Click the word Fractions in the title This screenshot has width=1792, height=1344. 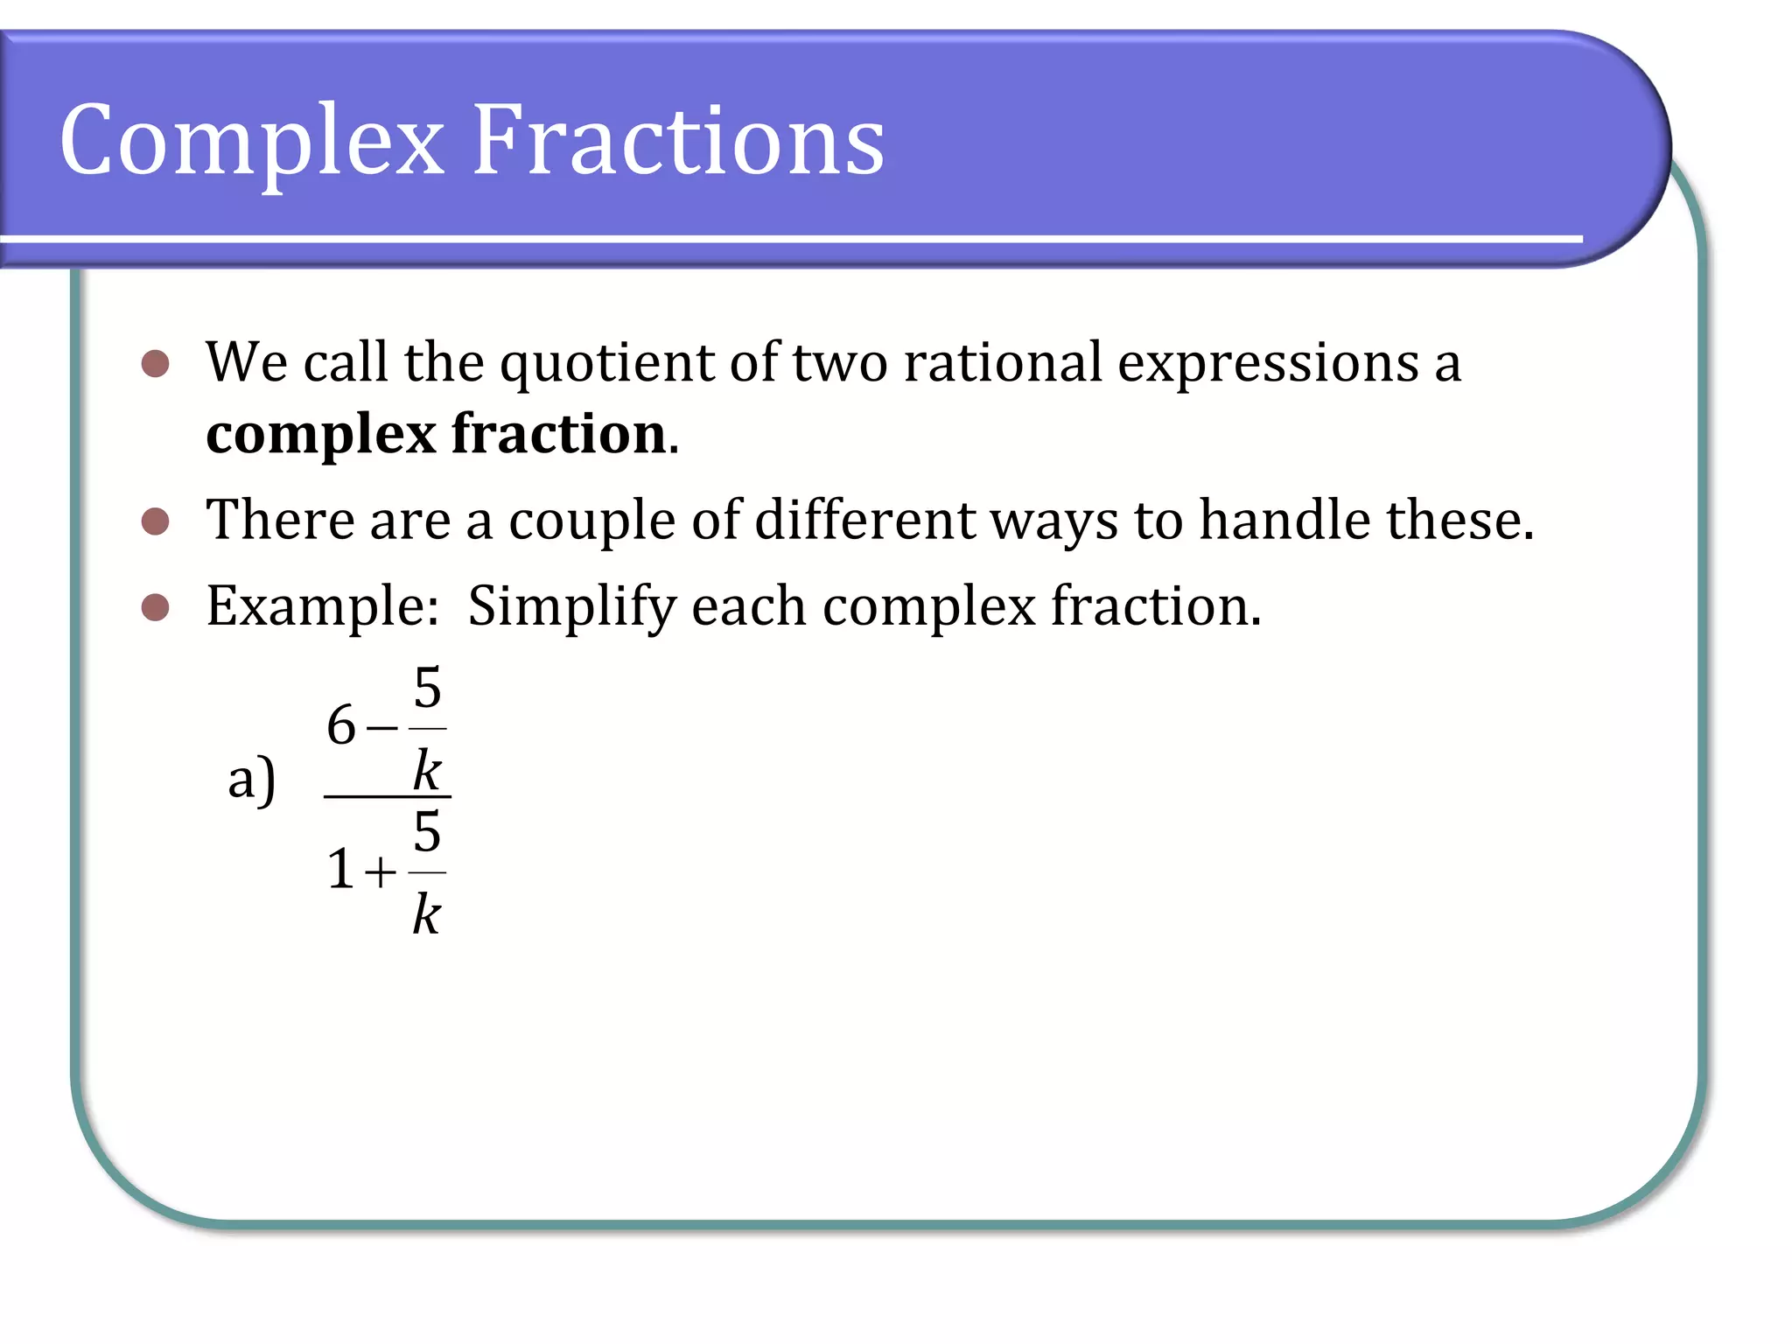(x=678, y=140)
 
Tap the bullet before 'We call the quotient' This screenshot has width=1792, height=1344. (x=155, y=363)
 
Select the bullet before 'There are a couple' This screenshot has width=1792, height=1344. (x=155, y=521)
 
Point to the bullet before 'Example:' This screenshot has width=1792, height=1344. (x=155, y=606)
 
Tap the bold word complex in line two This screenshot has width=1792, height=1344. (x=320, y=436)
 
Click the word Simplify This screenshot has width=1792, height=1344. (x=571, y=607)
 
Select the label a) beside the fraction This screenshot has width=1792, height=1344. (x=251, y=779)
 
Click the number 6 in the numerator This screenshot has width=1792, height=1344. (x=341, y=725)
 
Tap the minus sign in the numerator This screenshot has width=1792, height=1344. (x=382, y=727)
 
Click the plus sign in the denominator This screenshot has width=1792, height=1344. (x=381, y=872)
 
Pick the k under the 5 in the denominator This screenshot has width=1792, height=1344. (x=427, y=914)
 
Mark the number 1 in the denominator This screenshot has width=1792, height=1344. (x=341, y=871)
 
